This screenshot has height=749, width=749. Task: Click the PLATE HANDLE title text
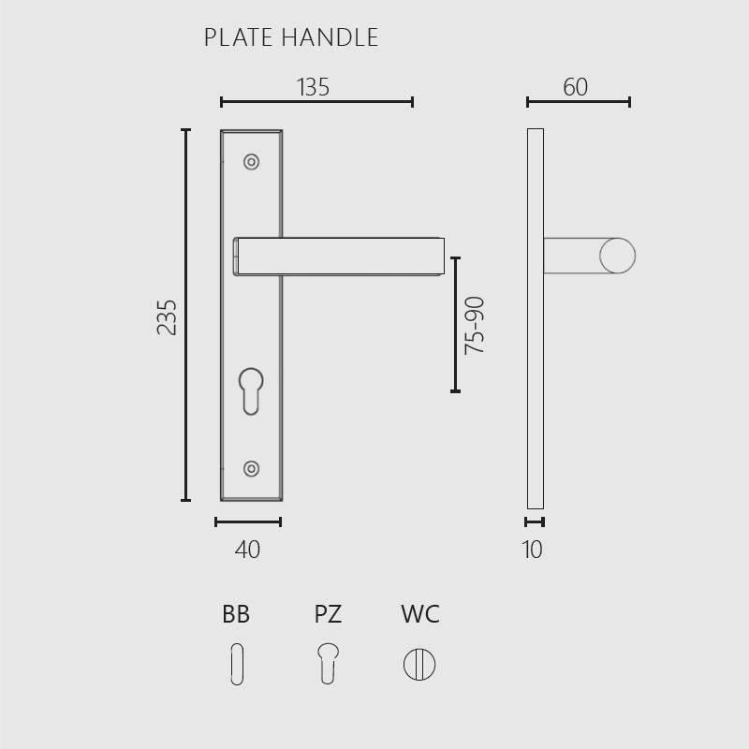point(291,37)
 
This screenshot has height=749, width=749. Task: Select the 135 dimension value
point(314,87)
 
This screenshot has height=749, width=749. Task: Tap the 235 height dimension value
point(167,317)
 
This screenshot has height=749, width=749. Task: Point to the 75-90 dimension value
point(475,325)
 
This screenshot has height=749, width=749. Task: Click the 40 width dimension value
point(247,550)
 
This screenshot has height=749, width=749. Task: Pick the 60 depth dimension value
point(575,87)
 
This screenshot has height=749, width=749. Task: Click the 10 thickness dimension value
point(532,550)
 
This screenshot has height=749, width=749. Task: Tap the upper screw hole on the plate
point(251,162)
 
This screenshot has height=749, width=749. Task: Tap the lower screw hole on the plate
point(251,469)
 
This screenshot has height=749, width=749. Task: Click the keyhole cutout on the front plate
point(251,390)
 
